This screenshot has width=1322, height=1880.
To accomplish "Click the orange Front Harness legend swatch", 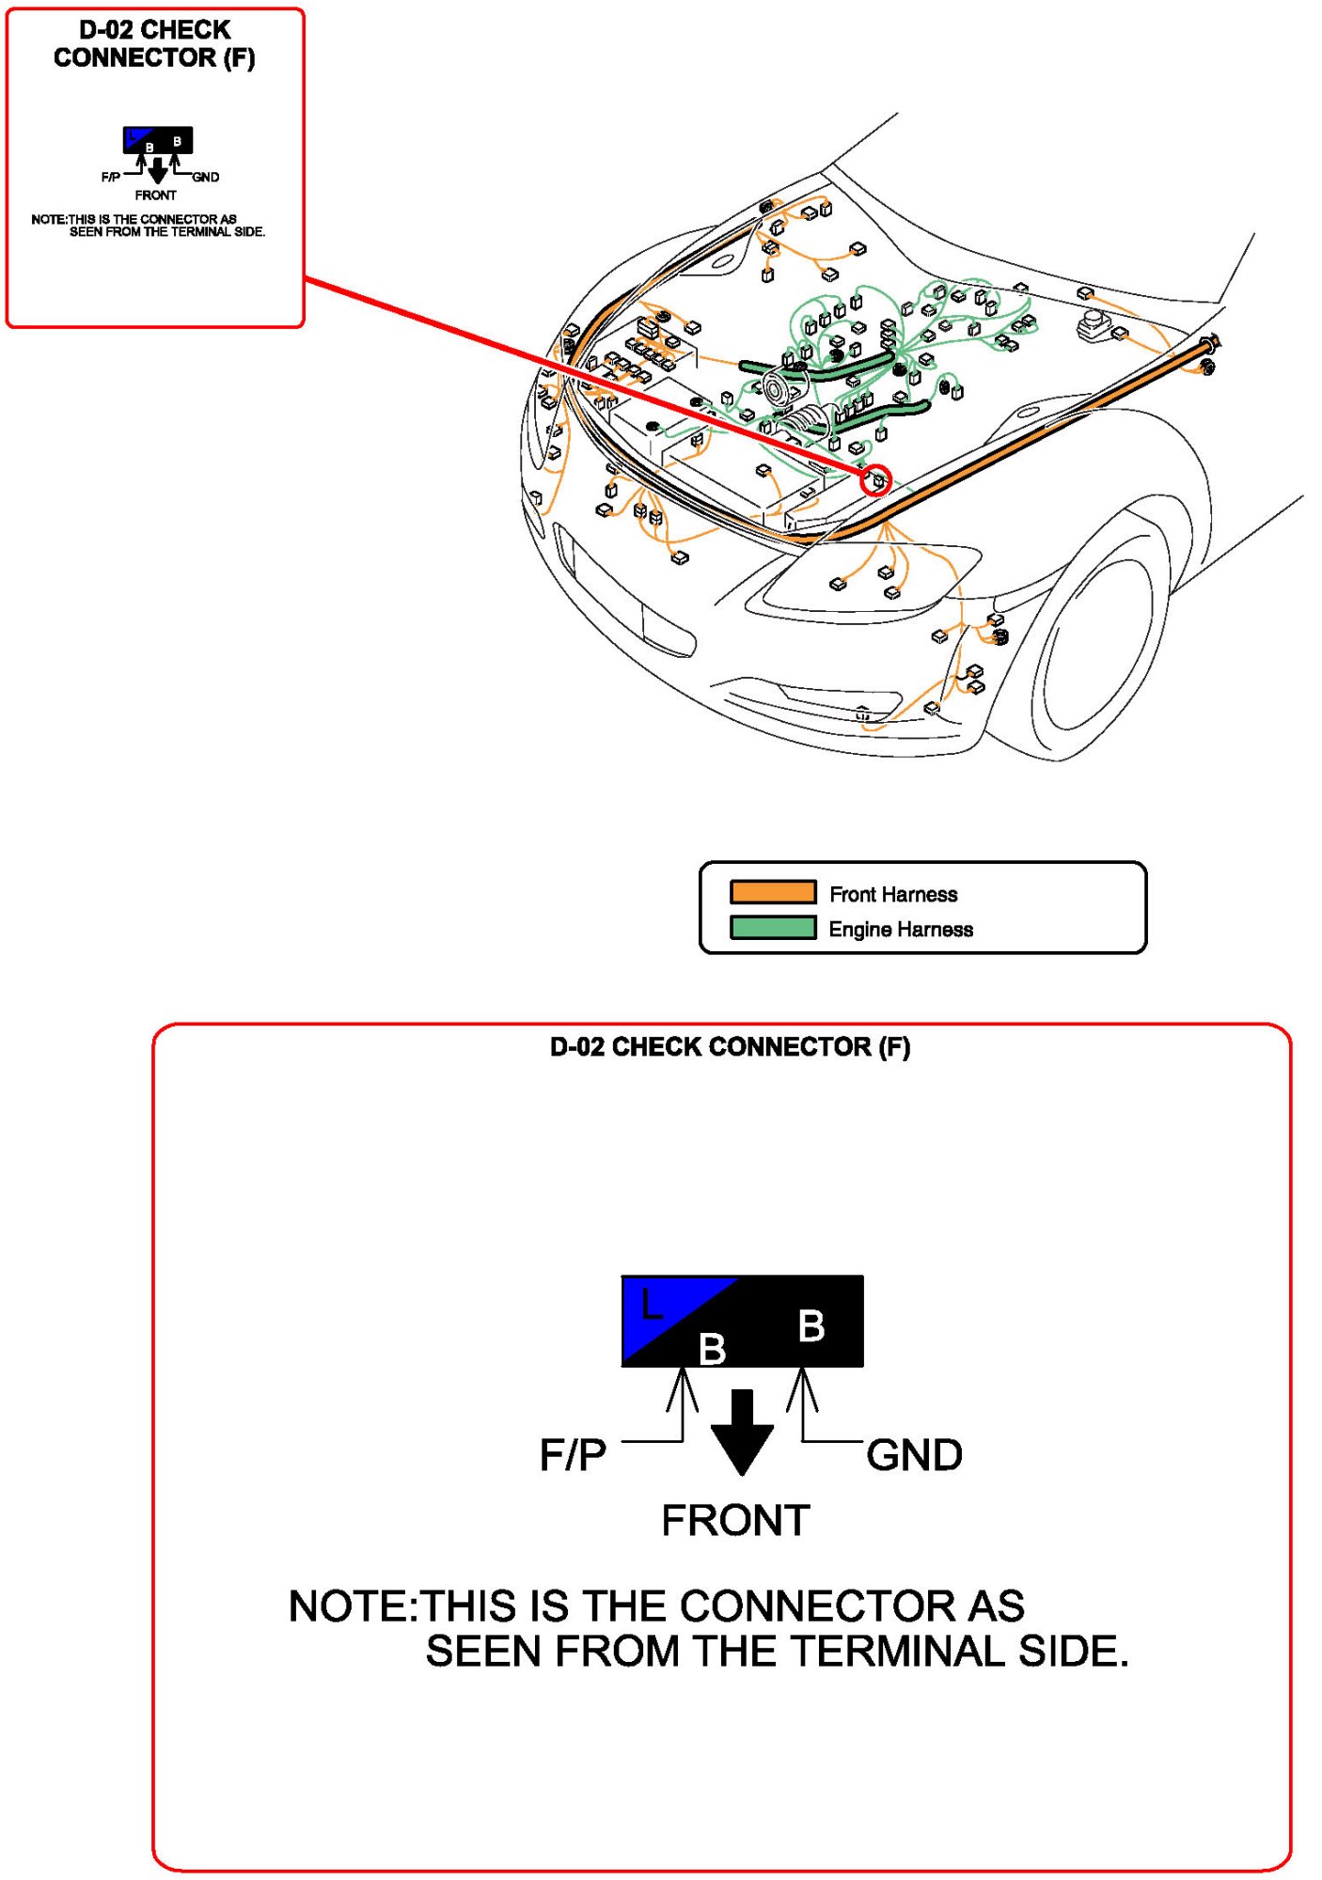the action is pos(773,891).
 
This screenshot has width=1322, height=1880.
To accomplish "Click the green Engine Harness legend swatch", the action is pos(773,928).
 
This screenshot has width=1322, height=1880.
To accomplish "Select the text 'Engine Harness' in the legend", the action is pos(901,930).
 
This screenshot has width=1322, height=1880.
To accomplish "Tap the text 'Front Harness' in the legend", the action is pos(893,894).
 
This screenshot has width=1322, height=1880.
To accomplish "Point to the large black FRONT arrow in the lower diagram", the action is pos(742,1432).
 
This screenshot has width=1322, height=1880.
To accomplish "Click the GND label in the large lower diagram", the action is pos(914,1455).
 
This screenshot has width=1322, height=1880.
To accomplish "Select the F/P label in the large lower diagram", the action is pos(573,1455).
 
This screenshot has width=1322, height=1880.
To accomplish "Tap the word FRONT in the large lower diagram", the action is pos(735,1521).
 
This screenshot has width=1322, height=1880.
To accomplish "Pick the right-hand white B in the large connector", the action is pos(811,1326).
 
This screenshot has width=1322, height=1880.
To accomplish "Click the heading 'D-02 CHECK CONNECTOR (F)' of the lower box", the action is pos(730,1047).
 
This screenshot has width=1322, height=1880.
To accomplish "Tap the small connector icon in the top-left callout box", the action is pos(158,140).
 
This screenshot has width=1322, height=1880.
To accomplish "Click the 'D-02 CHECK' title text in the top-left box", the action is pos(155,30).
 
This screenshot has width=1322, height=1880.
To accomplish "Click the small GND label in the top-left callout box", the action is pos(206,177).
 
